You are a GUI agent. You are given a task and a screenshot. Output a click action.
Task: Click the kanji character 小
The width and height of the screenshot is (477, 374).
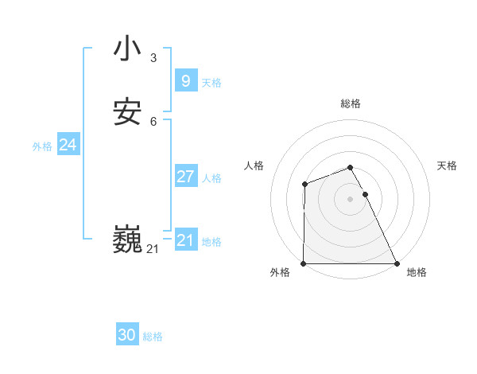(x=127, y=49)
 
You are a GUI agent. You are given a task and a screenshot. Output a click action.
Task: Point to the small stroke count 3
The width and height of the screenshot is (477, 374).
(x=153, y=57)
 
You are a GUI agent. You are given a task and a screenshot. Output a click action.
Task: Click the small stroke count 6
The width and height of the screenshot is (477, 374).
(x=153, y=122)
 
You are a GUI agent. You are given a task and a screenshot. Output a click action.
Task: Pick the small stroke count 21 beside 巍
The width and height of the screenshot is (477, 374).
(x=153, y=249)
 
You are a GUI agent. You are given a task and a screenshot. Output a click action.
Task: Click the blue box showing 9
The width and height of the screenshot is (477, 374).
(x=185, y=81)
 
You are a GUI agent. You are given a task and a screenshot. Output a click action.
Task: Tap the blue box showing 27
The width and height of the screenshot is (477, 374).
(x=185, y=177)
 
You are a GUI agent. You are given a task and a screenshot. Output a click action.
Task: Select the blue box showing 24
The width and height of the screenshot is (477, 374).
(x=68, y=145)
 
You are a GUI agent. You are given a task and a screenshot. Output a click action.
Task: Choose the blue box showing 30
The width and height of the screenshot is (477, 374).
(x=127, y=335)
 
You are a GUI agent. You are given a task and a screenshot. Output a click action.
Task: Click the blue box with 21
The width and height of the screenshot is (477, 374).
(x=185, y=240)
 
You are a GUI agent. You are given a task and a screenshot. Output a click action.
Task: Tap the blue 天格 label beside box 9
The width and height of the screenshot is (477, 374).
(x=211, y=83)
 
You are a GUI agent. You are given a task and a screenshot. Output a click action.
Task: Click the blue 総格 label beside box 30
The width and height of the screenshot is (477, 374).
(x=153, y=337)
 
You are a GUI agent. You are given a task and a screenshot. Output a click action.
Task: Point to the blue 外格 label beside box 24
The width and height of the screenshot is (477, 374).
(x=42, y=146)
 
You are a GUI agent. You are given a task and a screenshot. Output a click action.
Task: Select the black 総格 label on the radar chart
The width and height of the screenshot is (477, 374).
(x=351, y=103)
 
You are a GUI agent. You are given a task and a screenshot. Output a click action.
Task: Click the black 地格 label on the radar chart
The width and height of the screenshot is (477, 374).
(x=417, y=273)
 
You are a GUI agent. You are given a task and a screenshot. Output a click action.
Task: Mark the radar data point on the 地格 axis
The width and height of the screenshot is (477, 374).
(x=397, y=263)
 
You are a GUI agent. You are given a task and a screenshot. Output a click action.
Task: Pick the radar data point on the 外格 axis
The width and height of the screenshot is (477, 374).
(x=304, y=263)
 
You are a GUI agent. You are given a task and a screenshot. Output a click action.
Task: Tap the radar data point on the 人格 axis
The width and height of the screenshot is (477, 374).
(x=304, y=185)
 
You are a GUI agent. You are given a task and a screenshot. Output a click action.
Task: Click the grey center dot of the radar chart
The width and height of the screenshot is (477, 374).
(x=351, y=199)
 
